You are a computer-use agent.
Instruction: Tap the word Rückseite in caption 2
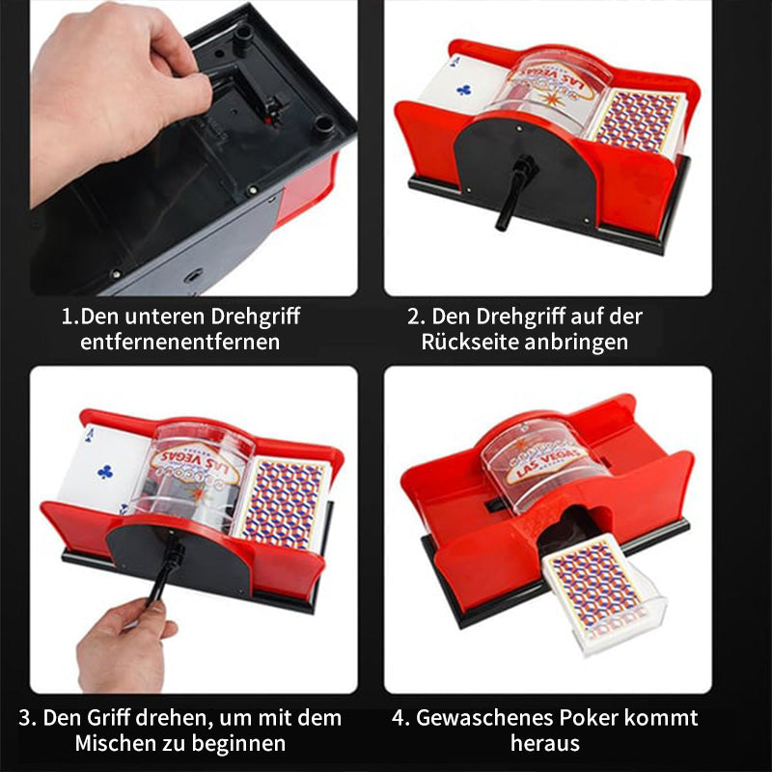(x=465, y=342)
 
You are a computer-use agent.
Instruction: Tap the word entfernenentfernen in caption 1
(x=180, y=342)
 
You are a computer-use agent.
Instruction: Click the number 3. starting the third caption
(x=28, y=718)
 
